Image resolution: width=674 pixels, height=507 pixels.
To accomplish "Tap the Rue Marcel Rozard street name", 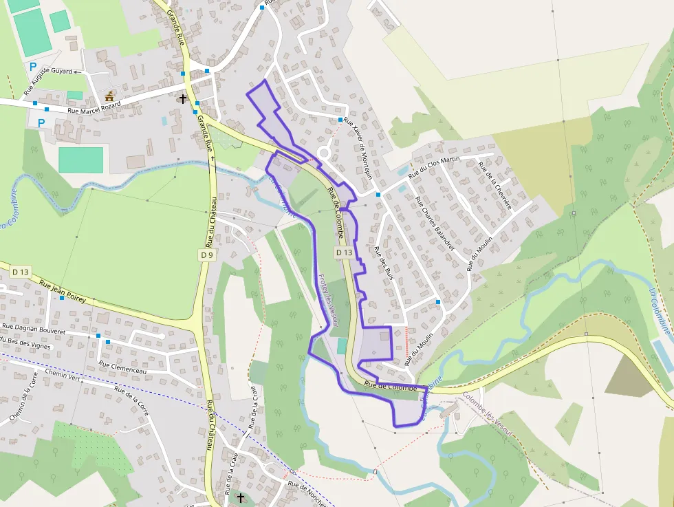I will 94,108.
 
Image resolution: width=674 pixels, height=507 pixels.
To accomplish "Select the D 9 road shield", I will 207,255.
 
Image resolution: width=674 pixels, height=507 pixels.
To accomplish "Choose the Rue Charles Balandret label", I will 435,224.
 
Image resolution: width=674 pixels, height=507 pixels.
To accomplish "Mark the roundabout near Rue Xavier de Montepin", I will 325,153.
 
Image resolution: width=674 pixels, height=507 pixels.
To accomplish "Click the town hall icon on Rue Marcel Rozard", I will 109,96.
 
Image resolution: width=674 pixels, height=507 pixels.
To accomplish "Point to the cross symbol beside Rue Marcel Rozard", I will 182,99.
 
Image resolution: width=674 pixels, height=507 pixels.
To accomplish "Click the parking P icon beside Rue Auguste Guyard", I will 33,67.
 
